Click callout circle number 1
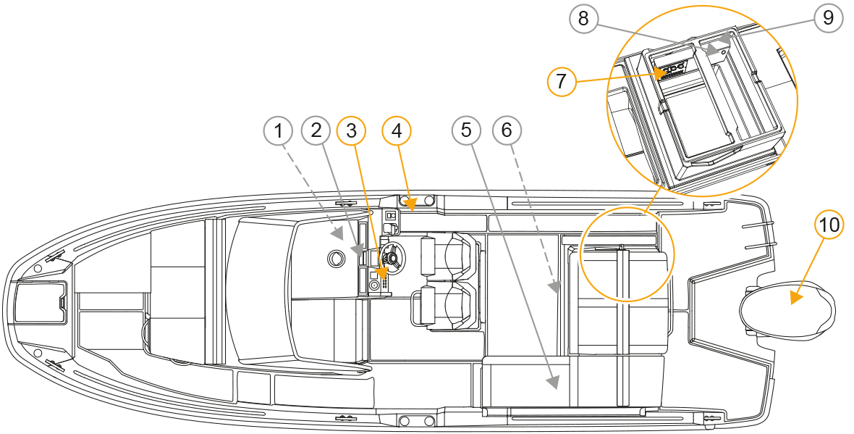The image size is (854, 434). point(279,131)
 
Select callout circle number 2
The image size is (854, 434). point(316,131)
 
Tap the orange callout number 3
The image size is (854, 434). point(351,131)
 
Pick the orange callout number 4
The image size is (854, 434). point(397,131)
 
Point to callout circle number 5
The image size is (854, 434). point(467,130)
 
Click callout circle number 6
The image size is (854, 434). point(507,130)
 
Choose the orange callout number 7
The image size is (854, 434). point(562,82)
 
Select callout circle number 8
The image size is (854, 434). point(583,19)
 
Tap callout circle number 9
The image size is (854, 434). point(828,18)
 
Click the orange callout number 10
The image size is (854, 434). point(829,225)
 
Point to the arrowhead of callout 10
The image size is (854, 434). point(796,298)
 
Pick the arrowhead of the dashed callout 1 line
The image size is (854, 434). point(338,235)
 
